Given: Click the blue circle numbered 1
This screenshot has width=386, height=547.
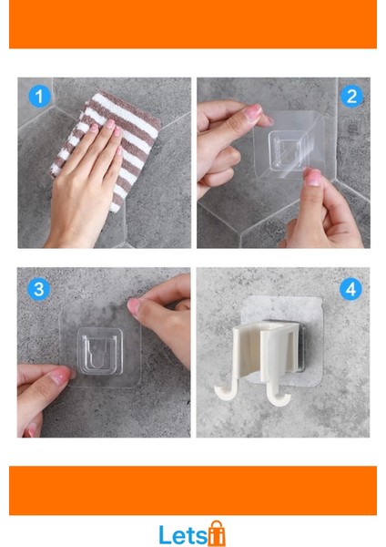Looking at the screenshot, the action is tap(39, 96).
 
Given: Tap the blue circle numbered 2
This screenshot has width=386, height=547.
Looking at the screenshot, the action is tap(351, 96).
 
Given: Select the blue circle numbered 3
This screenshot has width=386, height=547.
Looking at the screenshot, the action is tap(39, 289).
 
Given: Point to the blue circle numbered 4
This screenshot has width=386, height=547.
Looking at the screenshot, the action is tap(350, 289).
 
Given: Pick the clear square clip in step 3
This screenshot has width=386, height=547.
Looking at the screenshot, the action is tap(100, 351).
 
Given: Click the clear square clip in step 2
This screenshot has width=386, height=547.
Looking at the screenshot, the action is tap(287, 151).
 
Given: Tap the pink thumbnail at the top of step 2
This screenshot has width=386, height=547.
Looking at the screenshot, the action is tap(254, 111).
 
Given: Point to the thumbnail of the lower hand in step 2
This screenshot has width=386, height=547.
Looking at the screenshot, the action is tap(312, 177).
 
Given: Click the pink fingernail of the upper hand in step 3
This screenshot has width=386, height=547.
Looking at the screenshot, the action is tap(134, 306).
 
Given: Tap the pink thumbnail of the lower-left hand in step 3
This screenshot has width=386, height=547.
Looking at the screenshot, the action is tap(59, 377).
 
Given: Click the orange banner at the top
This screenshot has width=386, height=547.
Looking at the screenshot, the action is tap(193, 24).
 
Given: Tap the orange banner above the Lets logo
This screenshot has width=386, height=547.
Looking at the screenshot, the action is tap(193, 490).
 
